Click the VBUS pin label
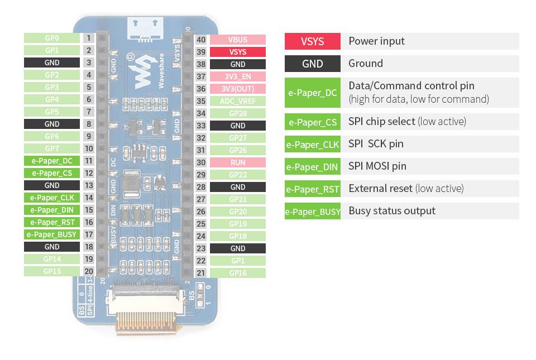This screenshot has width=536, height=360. [238, 40]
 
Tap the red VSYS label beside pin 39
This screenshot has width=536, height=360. [238, 52]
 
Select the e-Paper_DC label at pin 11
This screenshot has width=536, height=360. [51, 161]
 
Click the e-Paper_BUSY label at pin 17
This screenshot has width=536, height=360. [51, 234]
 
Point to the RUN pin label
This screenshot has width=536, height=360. [238, 162]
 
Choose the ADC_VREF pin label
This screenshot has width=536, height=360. [238, 101]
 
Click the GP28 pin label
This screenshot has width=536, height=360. [238, 113]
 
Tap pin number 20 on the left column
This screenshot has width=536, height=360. [88, 271]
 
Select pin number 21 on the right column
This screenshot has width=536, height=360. [201, 273]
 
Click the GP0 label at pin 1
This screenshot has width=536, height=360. [51, 38]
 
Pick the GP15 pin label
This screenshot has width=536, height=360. [51, 271]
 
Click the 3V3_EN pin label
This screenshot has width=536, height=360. [238, 76]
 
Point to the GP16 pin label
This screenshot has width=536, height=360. [238, 273]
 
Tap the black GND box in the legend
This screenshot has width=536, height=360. [312, 64]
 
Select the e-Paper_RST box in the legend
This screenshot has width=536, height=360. [312, 189]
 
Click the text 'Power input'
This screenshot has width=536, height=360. [376, 41]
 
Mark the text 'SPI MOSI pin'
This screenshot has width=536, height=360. [377, 166]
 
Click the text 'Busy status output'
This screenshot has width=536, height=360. [392, 210]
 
